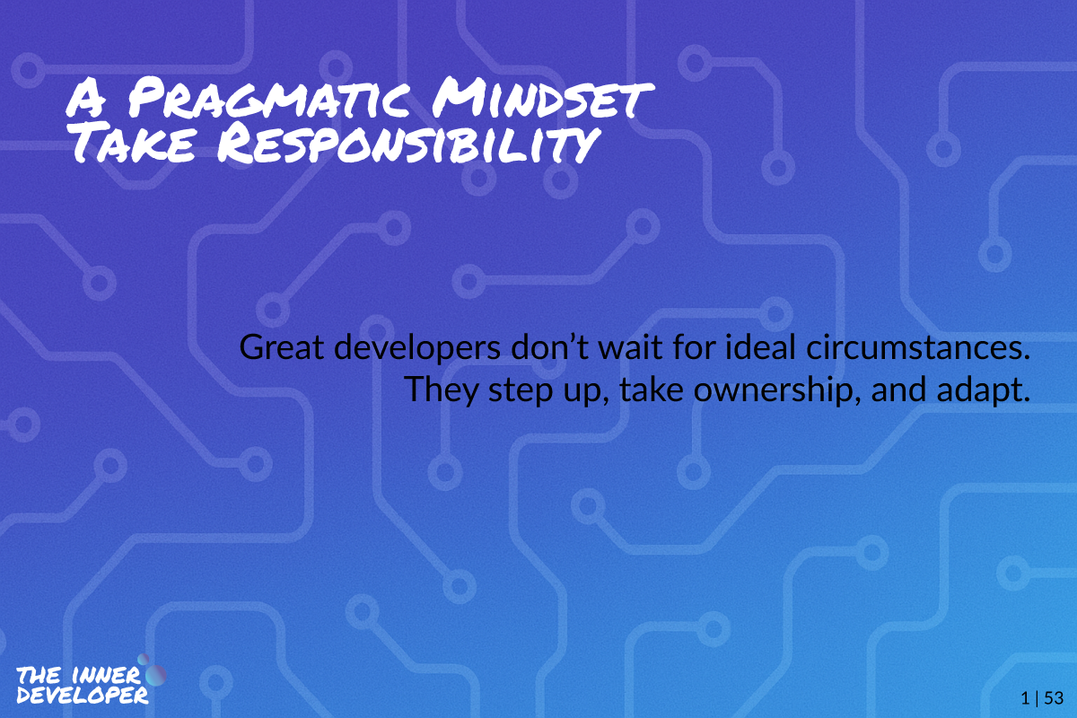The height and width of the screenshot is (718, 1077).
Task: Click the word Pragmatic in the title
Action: [x=269, y=99]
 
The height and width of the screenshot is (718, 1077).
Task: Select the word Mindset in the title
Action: [x=543, y=99]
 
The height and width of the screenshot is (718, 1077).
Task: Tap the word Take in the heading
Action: [x=133, y=143]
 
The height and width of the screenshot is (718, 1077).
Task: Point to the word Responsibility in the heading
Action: [x=409, y=144]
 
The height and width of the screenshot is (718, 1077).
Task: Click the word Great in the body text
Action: [x=281, y=347]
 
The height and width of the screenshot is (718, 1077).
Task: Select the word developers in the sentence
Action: [x=416, y=348]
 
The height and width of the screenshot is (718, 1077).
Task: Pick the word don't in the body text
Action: [x=549, y=346]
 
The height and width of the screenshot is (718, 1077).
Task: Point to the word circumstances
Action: [x=918, y=347]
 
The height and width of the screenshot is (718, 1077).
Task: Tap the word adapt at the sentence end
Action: [x=984, y=390]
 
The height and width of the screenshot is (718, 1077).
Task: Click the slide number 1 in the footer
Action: [x=1025, y=697]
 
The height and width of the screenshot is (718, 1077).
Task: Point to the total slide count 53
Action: [x=1054, y=697]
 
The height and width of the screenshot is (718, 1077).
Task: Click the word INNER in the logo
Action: [x=106, y=676]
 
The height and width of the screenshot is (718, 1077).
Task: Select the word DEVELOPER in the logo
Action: [x=83, y=696]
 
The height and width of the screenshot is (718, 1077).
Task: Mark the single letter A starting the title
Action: [x=86, y=99]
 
